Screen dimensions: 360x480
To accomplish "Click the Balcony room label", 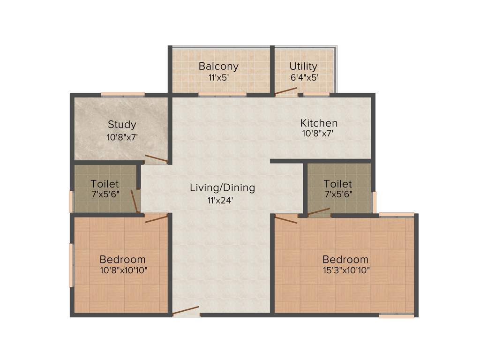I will click(218, 66).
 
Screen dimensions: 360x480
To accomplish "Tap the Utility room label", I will click(303, 66).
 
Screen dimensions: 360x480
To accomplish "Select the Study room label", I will click(122, 125).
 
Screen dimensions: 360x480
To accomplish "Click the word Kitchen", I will click(319, 123).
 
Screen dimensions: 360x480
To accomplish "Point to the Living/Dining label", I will click(222, 188).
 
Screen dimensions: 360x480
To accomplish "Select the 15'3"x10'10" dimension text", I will click(345, 270).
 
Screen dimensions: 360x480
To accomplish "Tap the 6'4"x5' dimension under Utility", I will click(304, 77).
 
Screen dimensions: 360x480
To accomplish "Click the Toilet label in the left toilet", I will click(105, 184).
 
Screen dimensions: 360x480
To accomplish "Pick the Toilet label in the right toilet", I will click(337, 184).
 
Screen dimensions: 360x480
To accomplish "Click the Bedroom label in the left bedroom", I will click(122, 259).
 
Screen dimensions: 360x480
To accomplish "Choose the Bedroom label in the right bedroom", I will click(345, 259).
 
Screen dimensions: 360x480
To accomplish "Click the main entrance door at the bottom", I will click(186, 311).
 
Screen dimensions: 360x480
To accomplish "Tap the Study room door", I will click(156, 158).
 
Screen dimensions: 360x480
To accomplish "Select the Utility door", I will click(286, 91).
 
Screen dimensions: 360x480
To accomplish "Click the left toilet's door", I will click(135, 201).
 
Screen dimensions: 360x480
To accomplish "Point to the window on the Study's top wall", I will click(123, 94).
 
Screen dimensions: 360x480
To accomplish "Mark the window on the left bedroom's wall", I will click(71, 265).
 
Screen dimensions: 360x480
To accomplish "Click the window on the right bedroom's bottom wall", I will click(397, 316).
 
